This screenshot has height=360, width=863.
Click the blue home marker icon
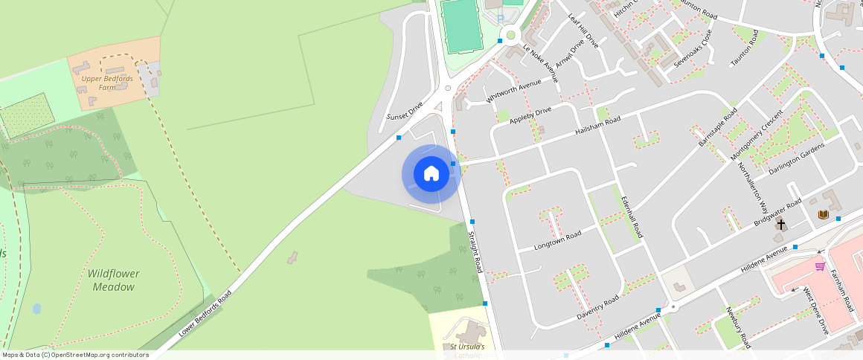click(431, 173)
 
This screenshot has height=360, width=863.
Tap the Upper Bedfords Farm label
click(108, 83)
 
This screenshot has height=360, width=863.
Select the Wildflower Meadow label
click(114, 280)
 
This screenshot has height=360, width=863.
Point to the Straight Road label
click(475, 252)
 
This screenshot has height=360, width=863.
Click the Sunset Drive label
click(405, 112)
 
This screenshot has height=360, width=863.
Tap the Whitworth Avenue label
click(513, 91)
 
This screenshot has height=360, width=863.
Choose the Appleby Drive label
click(531, 115)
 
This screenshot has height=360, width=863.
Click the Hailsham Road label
click(597, 126)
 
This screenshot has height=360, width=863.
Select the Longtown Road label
click(558, 241)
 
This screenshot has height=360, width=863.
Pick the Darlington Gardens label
click(797, 158)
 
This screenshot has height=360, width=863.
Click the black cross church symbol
click(781, 224)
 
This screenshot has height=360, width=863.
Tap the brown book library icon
click(823, 214)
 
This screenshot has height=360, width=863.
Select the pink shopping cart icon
click(820, 266)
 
